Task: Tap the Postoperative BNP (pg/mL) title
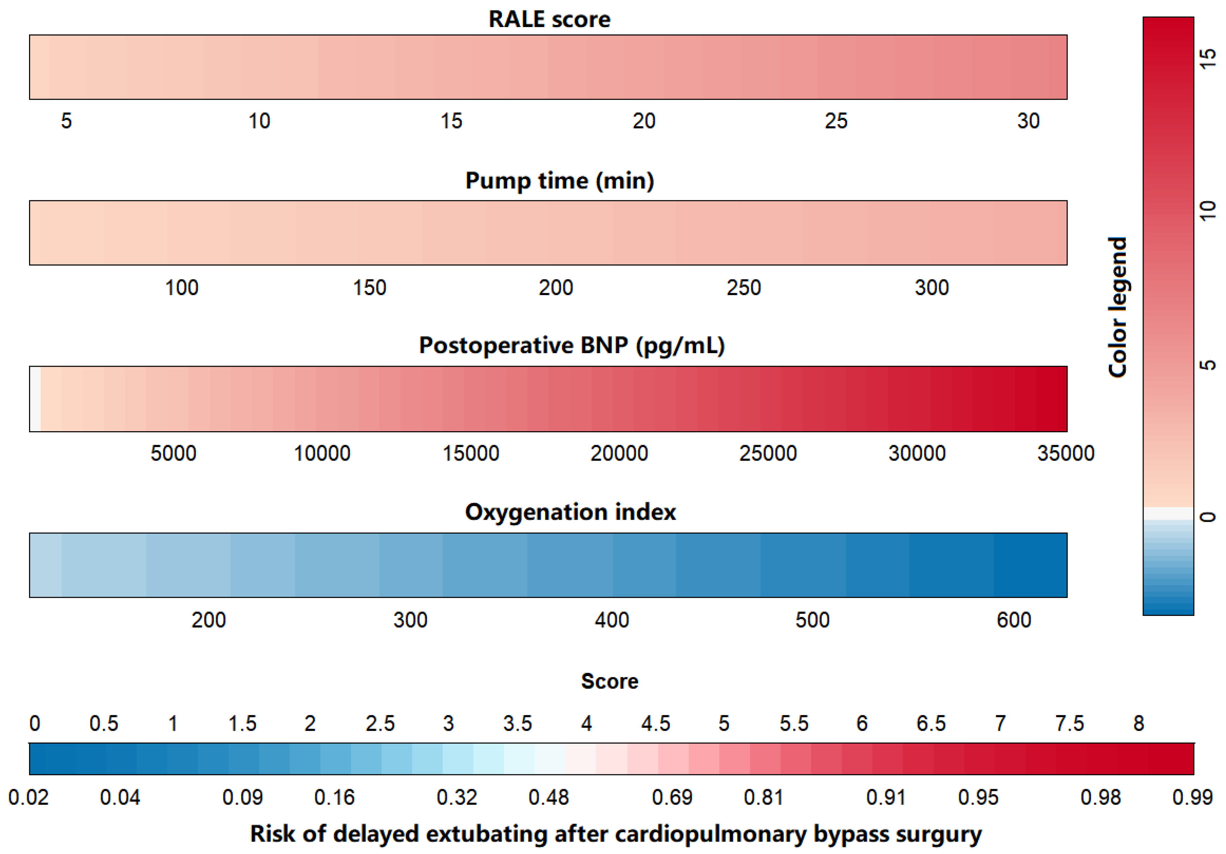pos(571,345)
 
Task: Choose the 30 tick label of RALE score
pos(1028,121)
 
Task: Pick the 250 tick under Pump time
pos(743,288)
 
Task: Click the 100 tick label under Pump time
pos(182,288)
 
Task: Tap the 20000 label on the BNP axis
pos(619,453)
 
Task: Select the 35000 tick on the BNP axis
pos(1065,453)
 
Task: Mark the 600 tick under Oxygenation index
pos(1014,620)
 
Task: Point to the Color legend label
pos(1117,307)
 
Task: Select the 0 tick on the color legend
pos(1208,517)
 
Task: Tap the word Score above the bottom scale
pos(609,681)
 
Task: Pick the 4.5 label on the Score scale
pos(655,723)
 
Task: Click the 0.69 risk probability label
pos(672,797)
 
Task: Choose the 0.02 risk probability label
pos(28,797)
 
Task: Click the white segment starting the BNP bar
pos(35,399)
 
